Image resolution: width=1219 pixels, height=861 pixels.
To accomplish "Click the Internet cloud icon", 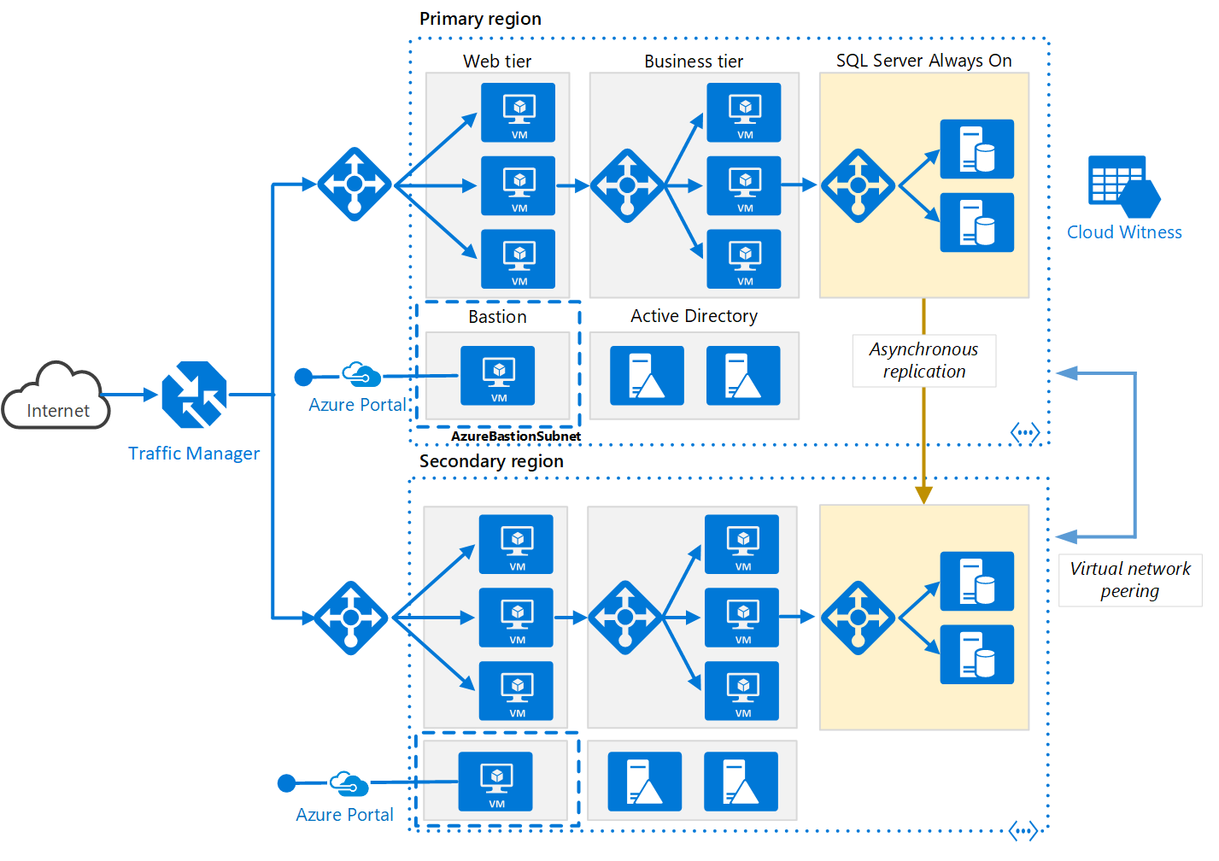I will click(56, 396).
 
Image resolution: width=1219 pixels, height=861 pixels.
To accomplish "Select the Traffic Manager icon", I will click(194, 395).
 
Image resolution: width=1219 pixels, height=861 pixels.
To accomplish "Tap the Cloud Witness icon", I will click(1123, 187).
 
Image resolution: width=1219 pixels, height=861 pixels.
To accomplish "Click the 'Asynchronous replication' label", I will click(923, 360).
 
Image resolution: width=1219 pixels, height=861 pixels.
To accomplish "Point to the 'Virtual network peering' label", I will click(1129, 580).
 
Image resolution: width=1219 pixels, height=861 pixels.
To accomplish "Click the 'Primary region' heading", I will click(480, 19).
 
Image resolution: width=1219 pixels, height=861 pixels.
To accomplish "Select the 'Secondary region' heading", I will click(491, 461).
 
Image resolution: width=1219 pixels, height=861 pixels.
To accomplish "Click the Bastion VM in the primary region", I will click(498, 375).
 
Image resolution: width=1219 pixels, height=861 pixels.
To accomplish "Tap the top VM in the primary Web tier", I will click(518, 112).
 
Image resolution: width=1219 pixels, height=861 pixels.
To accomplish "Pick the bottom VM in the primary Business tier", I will click(744, 259).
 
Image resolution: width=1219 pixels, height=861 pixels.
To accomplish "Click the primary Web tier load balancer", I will click(355, 184).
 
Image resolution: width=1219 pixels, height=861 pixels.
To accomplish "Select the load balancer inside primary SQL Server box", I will click(858, 185).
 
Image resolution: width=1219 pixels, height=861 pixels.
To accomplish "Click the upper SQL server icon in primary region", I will click(976, 149).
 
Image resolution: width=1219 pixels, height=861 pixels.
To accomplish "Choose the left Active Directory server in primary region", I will click(647, 375).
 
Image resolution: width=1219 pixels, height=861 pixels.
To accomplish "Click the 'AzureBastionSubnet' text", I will click(516, 436).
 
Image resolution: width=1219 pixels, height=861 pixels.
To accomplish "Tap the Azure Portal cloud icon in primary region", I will click(361, 374).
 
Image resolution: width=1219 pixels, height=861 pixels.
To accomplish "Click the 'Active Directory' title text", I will click(694, 316).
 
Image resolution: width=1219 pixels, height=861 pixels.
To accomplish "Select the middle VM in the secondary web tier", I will click(516, 617).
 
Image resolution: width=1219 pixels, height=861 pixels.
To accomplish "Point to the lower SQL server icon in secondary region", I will click(976, 654).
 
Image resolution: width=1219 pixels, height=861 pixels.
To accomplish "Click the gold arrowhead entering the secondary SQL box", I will click(923, 495).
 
